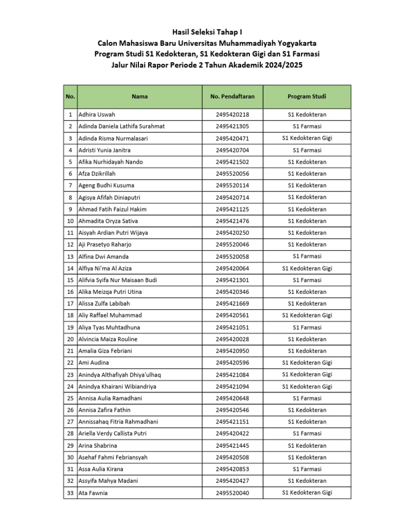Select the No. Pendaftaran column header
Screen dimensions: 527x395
click(x=232, y=96)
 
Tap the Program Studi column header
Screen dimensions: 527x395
click(x=307, y=96)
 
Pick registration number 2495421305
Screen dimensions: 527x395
click(x=232, y=127)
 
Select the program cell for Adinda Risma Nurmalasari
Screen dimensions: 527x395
click(x=307, y=138)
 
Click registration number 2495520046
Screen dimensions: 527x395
click(x=232, y=245)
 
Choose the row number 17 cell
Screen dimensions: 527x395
click(x=70, y=304)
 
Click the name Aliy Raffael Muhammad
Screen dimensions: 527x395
click(x=110, y=315)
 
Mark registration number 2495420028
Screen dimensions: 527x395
click(x=232, y=339)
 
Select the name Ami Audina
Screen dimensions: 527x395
click(x=93, y=363)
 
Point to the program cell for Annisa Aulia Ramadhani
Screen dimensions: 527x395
click(x=307, y=398)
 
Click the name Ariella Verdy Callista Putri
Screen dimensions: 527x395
click(x=112, y=434)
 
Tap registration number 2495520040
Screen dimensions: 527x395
click(x=232, y=493)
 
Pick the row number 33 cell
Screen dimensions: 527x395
click(x=70, y=493)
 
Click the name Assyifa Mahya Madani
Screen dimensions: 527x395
click(x=108, y=481)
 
